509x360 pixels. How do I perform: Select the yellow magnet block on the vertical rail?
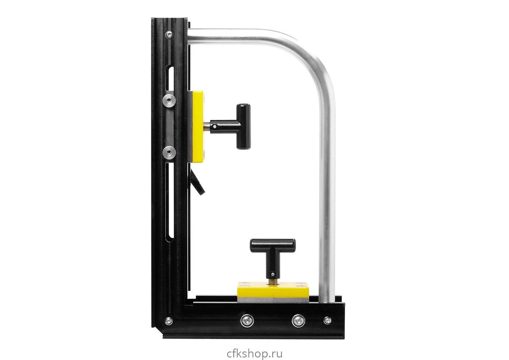pyautogui.click(x=198, y=127)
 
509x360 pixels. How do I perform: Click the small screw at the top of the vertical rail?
pyautogui.click(x=169, y=34)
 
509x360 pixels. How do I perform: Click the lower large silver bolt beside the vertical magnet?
pyautogui.click(x=169, y=152)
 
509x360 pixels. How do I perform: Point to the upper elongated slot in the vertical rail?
pyautogui.click(x=170, y=78)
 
